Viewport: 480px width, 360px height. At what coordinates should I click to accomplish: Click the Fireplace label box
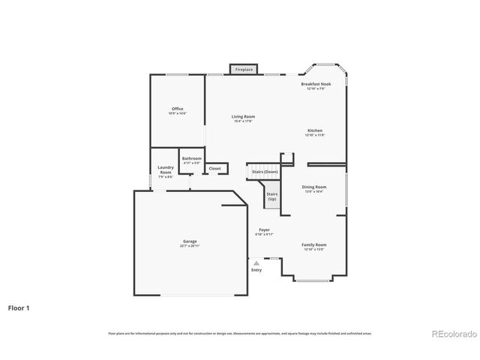[244, 69]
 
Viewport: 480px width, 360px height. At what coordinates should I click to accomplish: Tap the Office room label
[177, 109]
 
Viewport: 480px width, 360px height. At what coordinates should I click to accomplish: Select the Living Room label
[243, 116]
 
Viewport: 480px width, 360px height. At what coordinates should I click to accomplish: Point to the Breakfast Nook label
[315, 85]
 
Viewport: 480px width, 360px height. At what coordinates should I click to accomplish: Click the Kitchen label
[315, 130]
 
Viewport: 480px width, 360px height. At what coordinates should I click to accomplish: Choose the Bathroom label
[192, 158]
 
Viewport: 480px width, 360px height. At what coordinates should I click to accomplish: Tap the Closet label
[214, 169]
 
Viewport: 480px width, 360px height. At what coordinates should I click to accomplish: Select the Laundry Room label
[166, 170]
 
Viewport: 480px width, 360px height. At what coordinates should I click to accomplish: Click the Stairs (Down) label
[265, 172]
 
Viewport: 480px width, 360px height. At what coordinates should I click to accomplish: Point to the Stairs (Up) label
[271, 196]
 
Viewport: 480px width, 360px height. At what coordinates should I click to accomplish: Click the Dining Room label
[314, 187]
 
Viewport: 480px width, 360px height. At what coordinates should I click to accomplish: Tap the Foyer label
[264, 229]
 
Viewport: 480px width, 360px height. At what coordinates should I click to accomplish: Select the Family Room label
[314, 245]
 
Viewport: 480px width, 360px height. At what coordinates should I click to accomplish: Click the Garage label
[189, 241]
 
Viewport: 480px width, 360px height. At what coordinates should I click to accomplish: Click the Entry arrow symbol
[256, 263]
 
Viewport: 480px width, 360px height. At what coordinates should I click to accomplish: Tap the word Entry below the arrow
[256, 270]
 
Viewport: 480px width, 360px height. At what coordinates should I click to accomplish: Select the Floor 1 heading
[19, 307]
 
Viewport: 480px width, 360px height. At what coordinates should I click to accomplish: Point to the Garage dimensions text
[189, 246]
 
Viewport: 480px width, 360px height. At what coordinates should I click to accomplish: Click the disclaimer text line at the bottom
[239, 333]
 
